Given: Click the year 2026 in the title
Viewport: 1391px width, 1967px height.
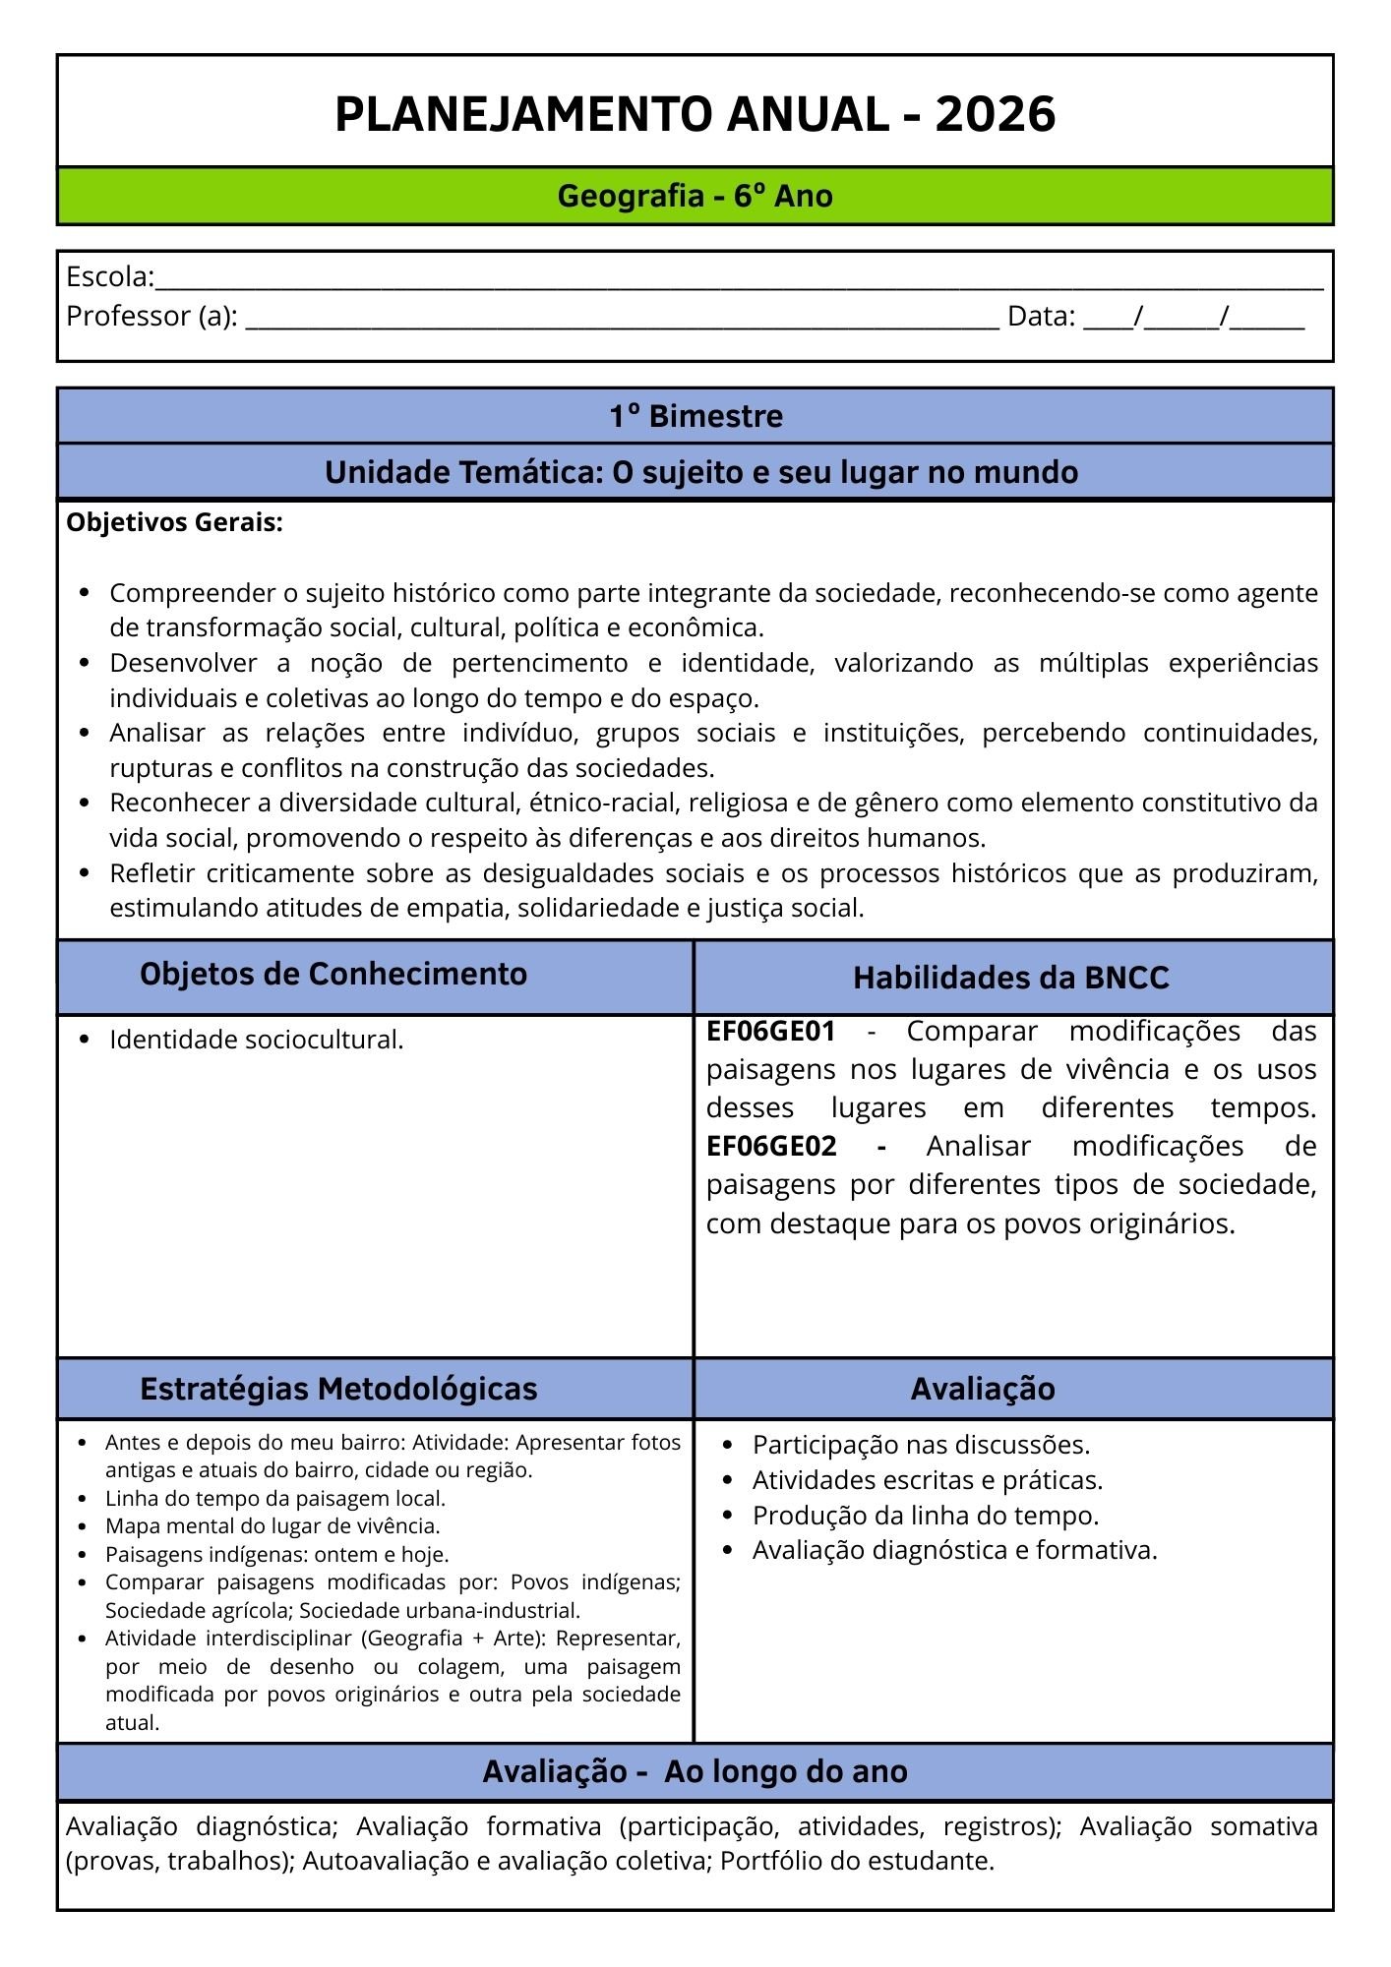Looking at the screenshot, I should (x=995, y=114).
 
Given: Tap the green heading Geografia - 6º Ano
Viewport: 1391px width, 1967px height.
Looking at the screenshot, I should (x=695, y=196).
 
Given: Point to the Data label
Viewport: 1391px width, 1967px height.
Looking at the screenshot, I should (x=1041, y=317).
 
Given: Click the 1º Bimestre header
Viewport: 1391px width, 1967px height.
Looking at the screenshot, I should (x=695, y=416).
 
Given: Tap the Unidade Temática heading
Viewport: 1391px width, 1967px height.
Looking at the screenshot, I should (x=700, y=473).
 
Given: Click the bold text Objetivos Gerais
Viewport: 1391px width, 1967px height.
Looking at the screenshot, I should (x=174, y=523).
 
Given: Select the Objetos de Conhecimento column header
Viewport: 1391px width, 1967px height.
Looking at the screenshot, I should (x=333, y=975).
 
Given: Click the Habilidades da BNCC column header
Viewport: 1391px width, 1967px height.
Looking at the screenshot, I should (x=1010, y=978).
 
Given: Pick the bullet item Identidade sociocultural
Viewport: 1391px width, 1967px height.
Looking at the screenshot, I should (x=256, y=1040).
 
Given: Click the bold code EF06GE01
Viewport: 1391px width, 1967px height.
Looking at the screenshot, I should (x=770, y=1032).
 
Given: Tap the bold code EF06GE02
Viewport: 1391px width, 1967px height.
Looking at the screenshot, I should (x=770, y=1147).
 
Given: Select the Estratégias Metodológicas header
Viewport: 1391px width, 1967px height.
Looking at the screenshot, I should (x=338, y=1389).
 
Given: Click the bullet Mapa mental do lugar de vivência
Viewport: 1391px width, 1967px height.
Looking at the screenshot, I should (x=272, y=1526).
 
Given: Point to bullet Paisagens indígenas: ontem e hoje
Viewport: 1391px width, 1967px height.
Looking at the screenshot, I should (x=276, y=1555).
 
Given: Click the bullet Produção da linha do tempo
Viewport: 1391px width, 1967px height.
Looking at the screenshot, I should (x=925, y=1516).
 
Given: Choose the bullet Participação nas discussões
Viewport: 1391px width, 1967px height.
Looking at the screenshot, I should (x=921, y=1445).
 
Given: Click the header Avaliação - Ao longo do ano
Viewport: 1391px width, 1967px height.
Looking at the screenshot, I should (x=695, y=1771).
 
